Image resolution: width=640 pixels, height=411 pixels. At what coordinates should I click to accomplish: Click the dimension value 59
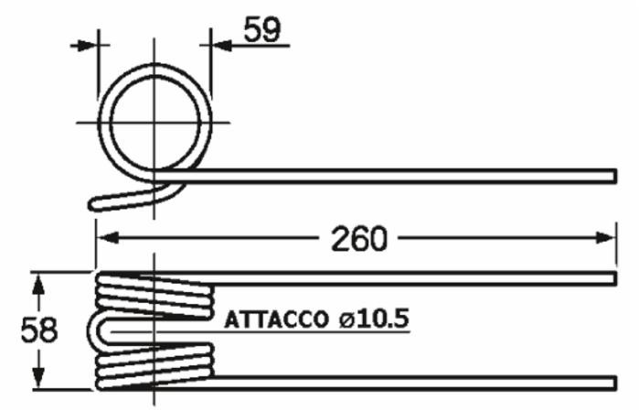click(x=263, y=30)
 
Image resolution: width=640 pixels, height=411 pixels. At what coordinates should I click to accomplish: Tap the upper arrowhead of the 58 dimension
click(x=37, y=285)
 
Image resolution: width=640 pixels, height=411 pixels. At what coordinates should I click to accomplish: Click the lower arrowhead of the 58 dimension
click(x=37, y=376)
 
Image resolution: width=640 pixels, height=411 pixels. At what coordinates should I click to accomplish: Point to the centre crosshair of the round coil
click(x=154, y=121)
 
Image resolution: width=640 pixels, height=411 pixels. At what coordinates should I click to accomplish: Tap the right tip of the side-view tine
click(x=616, y=175)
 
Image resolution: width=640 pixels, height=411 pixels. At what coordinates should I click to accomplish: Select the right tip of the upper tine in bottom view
click(x=616, y=277)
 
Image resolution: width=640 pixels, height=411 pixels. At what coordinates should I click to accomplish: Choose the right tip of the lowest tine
click(x=616, y=380)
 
